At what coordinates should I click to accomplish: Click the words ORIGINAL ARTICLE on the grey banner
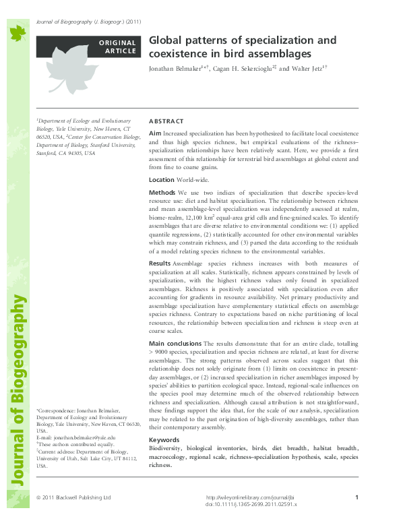coord(117,47)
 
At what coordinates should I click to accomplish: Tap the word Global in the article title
coord(165,40)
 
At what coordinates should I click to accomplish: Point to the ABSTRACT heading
coord(166,121)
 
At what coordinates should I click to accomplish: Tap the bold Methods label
coord(162,193)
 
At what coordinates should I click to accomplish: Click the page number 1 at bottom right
coord(355,497)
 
